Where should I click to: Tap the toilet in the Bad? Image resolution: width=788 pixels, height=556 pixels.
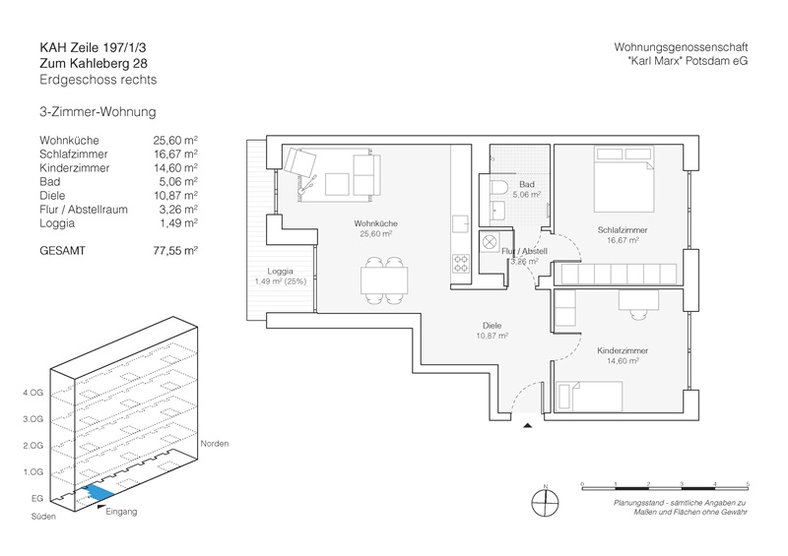tap(496, 189)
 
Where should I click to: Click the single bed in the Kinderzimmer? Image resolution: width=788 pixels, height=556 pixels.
tap(590, 396)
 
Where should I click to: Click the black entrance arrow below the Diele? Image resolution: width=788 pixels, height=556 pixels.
tap(528, 425)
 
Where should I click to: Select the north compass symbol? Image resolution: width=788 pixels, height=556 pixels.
tap(544, 501)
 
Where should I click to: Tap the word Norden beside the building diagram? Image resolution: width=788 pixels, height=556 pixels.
tap(215, 444)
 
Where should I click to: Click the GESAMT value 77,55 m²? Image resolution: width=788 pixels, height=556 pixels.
tap(175, 251)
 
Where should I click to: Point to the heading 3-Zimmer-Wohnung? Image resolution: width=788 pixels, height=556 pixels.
tap(98, 114)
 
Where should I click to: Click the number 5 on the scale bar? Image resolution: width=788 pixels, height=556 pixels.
tap(749, 483)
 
